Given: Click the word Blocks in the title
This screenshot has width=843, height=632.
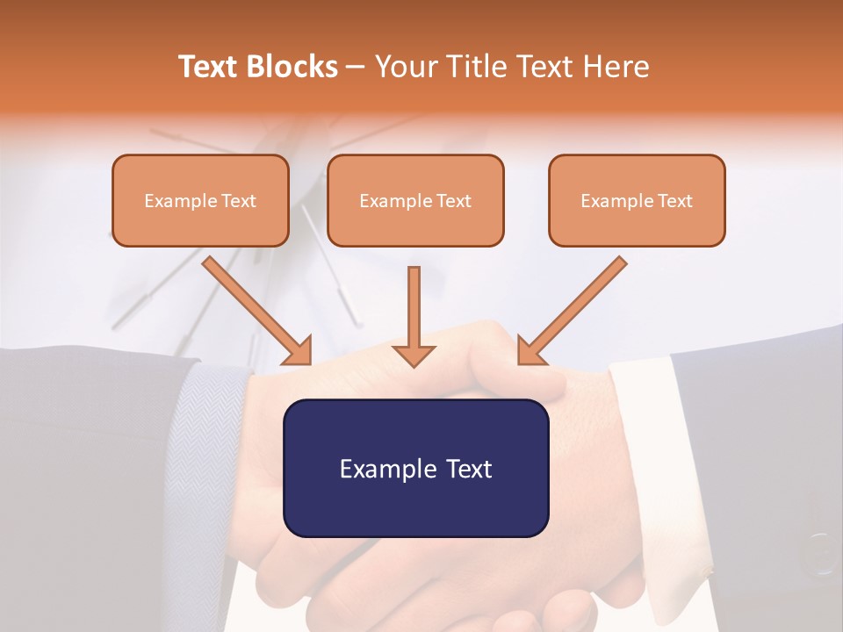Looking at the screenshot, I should (293, 67).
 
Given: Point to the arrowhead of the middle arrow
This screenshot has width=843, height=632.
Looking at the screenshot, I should (414, 355).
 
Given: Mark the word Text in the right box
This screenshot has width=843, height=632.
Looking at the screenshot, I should (674, 201).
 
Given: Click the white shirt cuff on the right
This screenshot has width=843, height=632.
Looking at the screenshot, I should (650, 439).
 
